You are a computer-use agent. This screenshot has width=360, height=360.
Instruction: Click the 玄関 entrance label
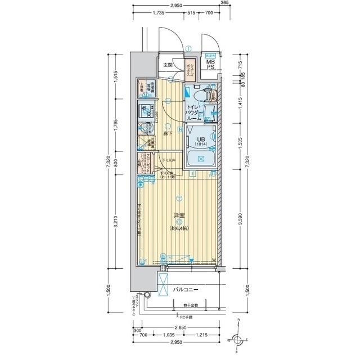(168, 65)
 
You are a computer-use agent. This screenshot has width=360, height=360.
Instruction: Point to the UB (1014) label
(201, 142)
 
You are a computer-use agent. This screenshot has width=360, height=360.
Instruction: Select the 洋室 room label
(179, 215)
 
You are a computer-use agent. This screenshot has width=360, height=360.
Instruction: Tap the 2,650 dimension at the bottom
(181, 327)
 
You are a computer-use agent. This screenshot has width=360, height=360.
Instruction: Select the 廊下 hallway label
(167, 133)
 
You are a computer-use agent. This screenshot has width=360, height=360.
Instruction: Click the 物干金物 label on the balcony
(182, 305)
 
